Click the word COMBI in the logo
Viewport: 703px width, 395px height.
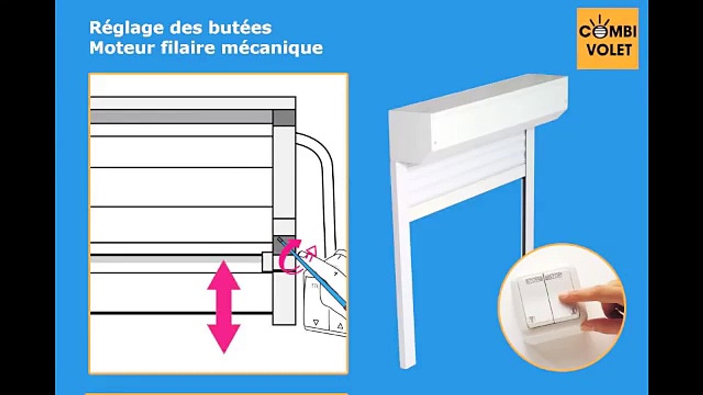pos(607,32)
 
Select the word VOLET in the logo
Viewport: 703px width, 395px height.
pos(608,50)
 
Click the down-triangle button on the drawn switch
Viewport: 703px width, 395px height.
pos(316,324)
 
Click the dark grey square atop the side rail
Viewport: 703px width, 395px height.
pos(284,117)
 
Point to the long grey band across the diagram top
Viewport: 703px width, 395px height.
pos(181,117)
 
